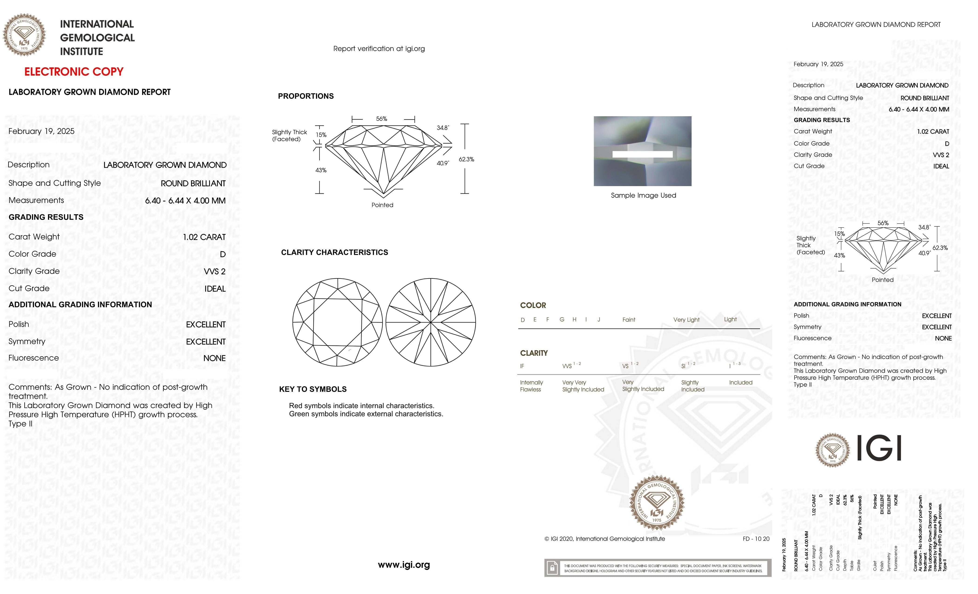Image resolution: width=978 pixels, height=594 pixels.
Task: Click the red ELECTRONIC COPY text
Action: pos(74,72)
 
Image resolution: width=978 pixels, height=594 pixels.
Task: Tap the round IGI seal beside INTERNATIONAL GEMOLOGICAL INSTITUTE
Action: pos(24,35)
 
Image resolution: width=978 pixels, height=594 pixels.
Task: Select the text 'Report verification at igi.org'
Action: pos(379,49)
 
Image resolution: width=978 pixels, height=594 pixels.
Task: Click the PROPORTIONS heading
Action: pos(306,96)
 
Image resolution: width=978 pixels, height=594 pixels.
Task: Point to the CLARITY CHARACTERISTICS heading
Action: pos(334,253)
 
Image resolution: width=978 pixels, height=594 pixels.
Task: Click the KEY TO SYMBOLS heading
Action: pos(313,389)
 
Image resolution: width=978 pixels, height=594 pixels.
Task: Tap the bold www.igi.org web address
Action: pos(404,565)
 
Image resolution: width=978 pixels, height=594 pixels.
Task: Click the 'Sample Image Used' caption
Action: pos(643,195)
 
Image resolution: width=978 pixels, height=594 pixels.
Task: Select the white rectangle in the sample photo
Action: pos(642,154)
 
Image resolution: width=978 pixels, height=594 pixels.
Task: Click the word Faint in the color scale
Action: pos(629,320)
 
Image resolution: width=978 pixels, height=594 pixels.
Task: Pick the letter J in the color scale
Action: pos(598,320)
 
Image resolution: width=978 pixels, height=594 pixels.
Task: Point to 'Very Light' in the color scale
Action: pos(686,320)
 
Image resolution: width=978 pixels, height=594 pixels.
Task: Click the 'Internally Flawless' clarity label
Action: pos(531,386)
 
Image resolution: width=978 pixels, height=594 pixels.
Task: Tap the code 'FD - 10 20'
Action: pos(756,539)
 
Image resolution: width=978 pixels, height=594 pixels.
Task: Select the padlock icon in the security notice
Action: pos(552,568)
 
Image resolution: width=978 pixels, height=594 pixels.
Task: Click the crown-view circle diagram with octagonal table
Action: pos(337,322)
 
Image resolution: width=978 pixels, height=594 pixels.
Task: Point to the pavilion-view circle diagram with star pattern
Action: pos(431,322)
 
